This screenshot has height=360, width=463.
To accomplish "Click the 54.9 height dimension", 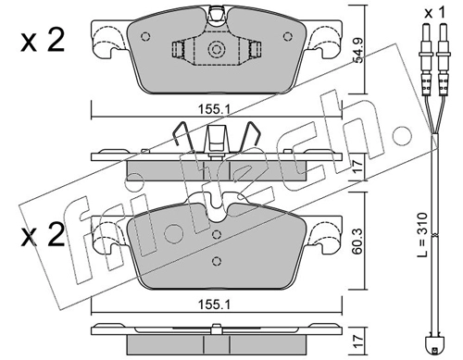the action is [358, 51].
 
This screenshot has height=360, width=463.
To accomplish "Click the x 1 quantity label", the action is [434, 13].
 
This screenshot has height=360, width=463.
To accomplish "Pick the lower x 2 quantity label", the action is [43, 235].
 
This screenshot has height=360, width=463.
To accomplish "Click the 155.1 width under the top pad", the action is [215, 109].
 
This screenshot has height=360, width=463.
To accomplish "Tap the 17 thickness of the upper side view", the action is [357, 168].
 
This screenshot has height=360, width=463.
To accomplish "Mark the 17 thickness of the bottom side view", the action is [357, 342].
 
